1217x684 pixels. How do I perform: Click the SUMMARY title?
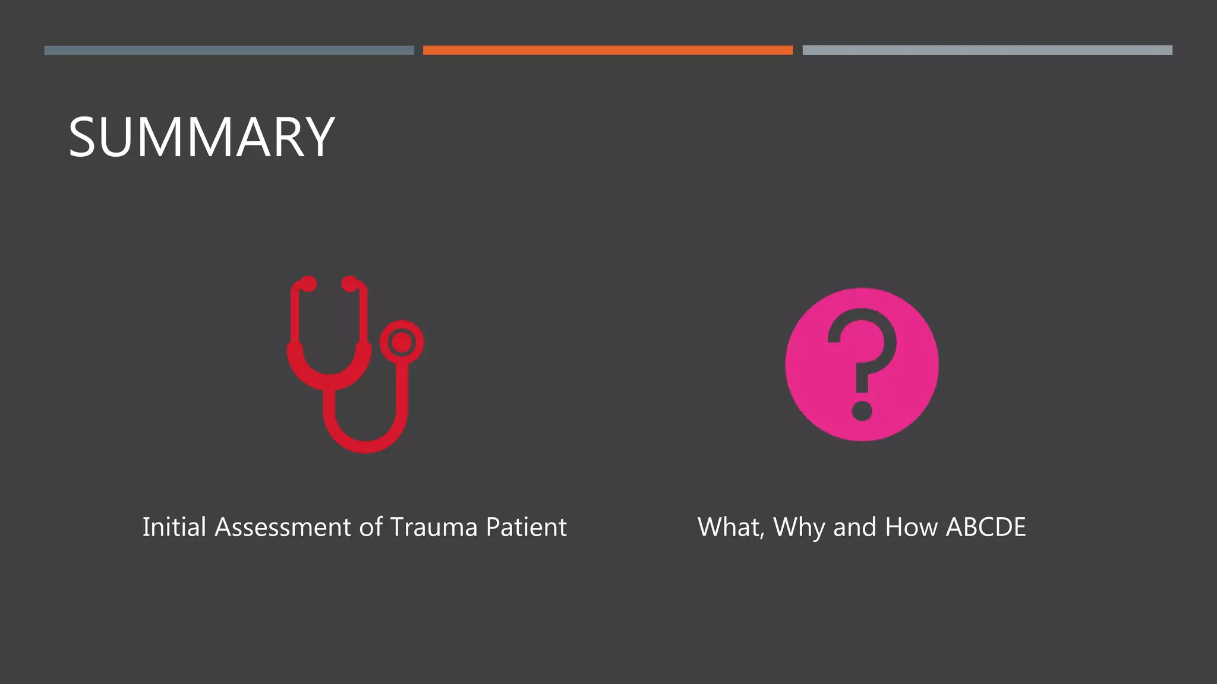pyautogui.click(x=201, y=137)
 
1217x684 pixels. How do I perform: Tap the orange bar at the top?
pyautogui.click(x=607, y=50)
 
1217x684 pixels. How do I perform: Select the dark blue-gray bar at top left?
pyautogui.click(x=229, y=50)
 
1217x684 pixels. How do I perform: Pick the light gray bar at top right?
pyautogui.click(x=987, y=50)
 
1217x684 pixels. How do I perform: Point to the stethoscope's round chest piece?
pyautogui.click(x=402, y=343)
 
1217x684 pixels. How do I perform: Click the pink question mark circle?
pyautogui.click(x=862, y=364)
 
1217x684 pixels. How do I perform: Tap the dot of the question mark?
pyautogui.click(x=862, y=411)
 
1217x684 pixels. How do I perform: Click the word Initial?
pyautogui.click(x=174, y=527)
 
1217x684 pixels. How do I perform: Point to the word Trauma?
pyautogui.click(x=434, y=527)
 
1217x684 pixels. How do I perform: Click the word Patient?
pyautogui.click(x=526, y=527)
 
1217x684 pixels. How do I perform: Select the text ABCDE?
pyautogui.click(x=986, y=527)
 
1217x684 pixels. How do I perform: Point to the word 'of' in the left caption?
pyautogui.click(x=371, y=527)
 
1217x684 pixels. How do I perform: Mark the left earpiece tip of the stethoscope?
pyautogui.click(x=308, y=284)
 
